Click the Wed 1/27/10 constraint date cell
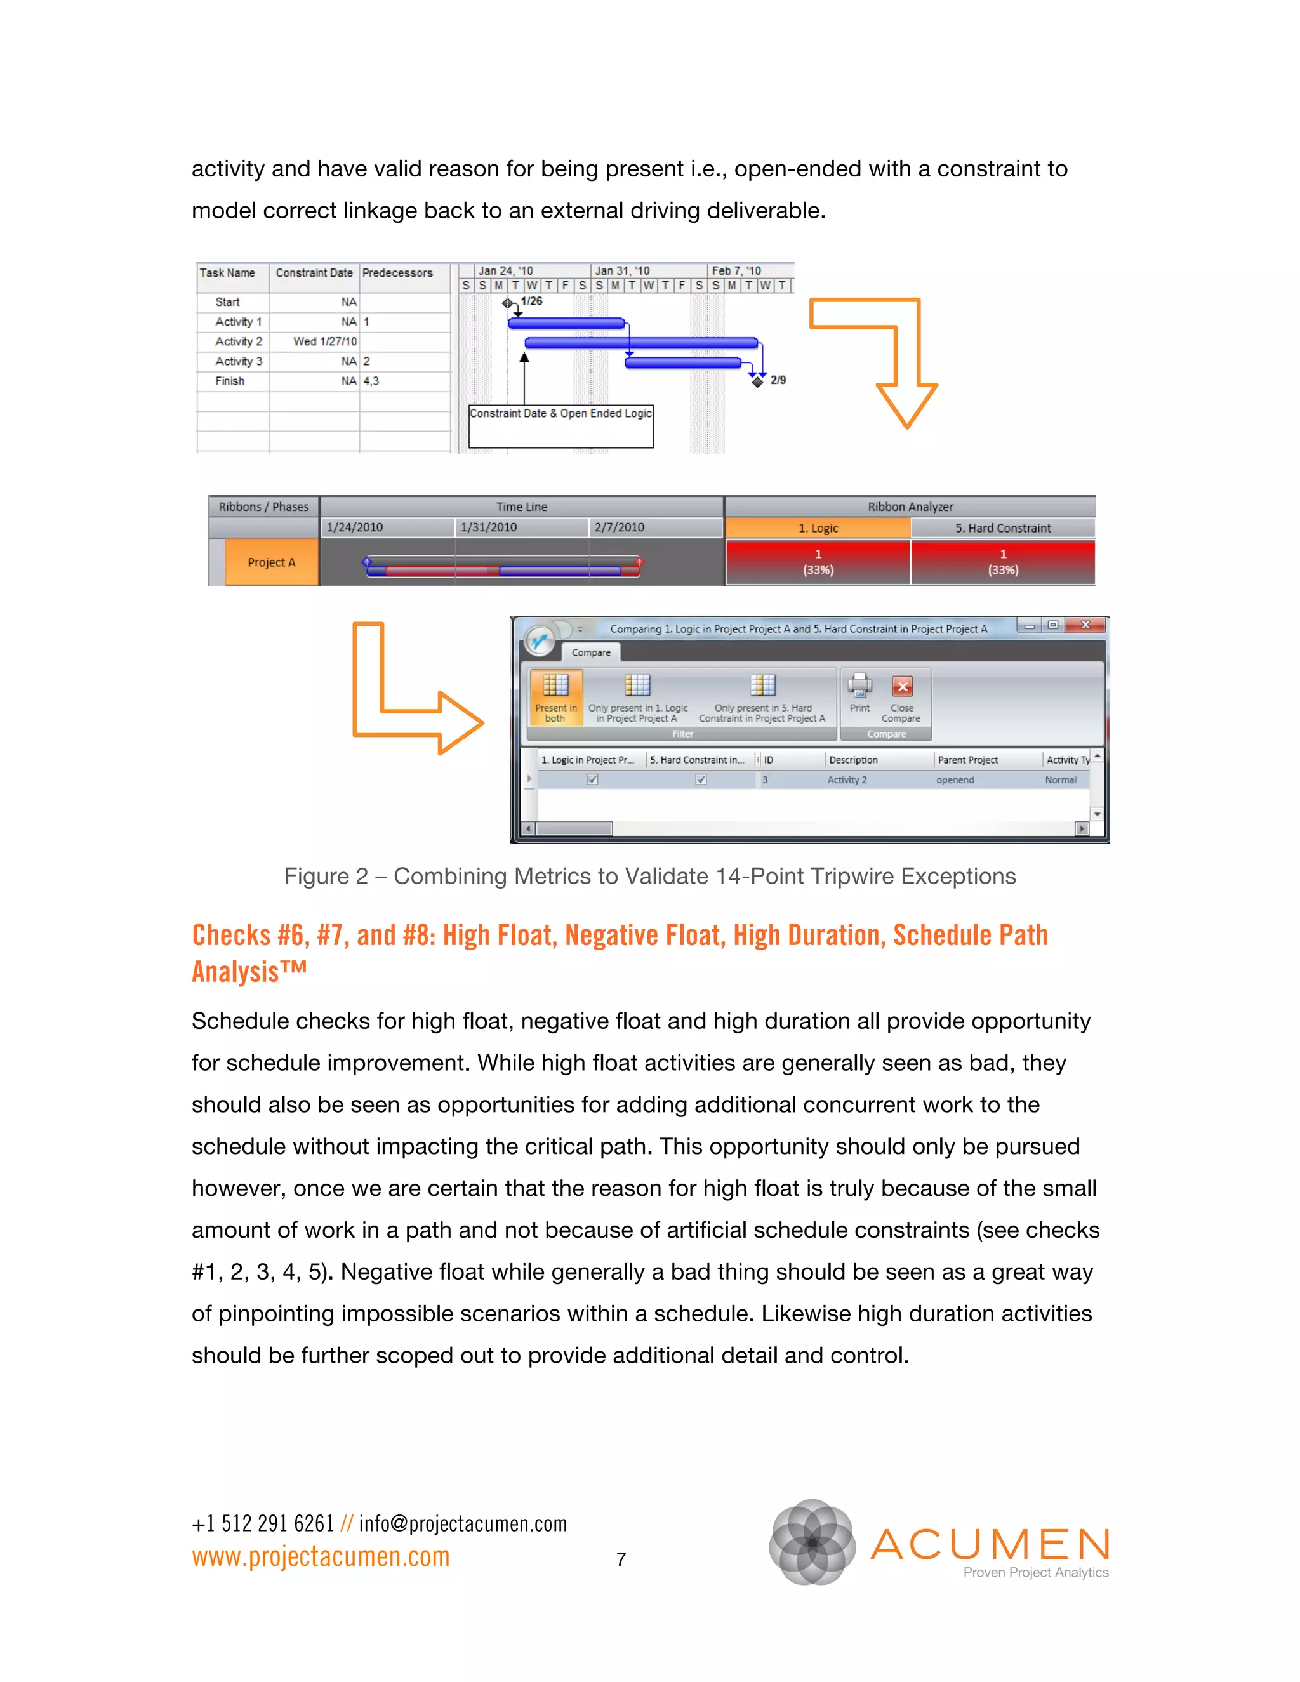coord(324,341)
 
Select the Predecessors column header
coord(397,273)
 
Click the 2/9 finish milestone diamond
coord(758,381)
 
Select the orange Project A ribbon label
coord(271,562)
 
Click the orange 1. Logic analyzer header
coord(818,528)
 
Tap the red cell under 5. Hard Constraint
coord(1003,562)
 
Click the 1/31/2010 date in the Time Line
coord(488,527)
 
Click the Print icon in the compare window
coord(859,692)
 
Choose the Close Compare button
coord(902,698)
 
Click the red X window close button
coord(1085,625)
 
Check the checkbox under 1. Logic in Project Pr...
coord(592,779)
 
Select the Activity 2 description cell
coord(847,780)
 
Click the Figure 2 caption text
coord(650,877)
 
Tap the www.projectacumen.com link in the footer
coord(321,1557)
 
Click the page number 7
coord(621,1559)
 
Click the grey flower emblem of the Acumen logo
coord(812,1542)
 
